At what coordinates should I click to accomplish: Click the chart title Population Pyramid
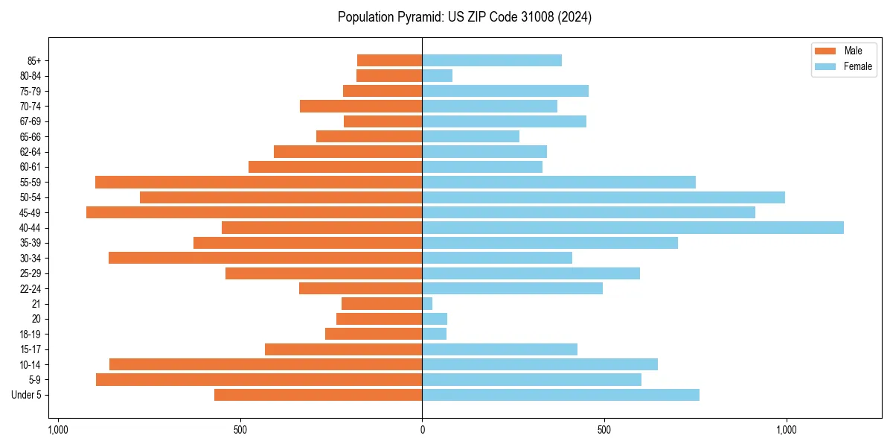464,17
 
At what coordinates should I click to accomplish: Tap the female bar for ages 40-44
633,228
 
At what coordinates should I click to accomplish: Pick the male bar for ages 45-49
254,212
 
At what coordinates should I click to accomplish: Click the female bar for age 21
427,304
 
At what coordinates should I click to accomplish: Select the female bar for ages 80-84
437,76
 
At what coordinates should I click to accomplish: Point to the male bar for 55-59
258,183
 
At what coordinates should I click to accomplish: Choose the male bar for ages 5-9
259,380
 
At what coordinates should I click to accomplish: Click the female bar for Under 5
560,395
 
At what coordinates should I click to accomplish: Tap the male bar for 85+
389,60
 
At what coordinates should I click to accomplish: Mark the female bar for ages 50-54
604,197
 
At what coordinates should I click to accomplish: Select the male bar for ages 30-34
265,258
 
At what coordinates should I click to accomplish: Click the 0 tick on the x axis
422,430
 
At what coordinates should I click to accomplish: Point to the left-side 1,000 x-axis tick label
58,430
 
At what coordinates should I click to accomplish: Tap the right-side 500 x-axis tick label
604,430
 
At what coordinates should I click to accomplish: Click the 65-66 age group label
31,137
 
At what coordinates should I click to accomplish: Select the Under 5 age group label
27,395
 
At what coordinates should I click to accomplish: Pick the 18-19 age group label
31,335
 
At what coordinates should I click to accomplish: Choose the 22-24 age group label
31,289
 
